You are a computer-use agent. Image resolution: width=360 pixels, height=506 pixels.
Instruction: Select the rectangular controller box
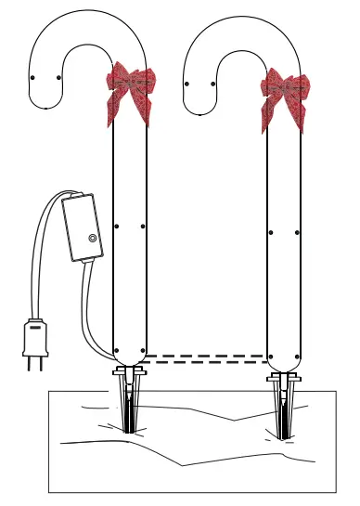coord(82,227)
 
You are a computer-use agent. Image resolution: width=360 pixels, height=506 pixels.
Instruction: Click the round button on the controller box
coord(92,239)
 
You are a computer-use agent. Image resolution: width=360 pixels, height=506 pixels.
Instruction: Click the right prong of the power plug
coord(40,362)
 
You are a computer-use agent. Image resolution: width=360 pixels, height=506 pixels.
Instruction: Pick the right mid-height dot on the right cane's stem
coord(297,231)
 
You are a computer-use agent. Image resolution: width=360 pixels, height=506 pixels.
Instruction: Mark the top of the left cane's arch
coord(88,12)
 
